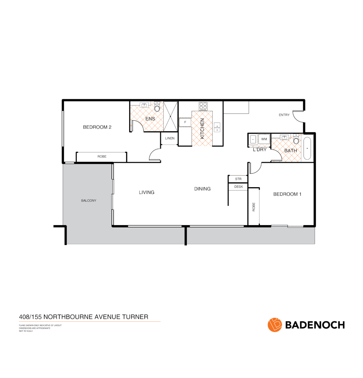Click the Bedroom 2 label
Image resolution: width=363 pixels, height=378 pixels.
pyautogui.click(x=97, y=127)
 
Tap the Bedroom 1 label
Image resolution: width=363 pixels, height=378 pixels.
pyautogui.click(x=287, y=194)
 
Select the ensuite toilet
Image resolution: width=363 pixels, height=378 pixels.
pyautogui.click(x=157, y=108)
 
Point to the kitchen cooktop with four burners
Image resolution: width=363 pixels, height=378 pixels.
pyautogui.click(x=203, y=106)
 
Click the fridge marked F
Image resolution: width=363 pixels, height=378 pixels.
pyautogui.click(x=185, y=122)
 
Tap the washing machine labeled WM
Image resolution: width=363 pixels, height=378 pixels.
pyautogui.click(x=264, y=139)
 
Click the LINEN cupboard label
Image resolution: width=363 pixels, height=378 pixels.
pyautogui.click(x=170, y=138)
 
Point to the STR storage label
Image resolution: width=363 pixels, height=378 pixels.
pyautogui.click(x=238, y=179)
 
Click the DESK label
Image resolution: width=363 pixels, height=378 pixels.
pyautogui.click(x=238, y=187)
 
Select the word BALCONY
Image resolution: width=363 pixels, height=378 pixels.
pyautogui.click(x=88, y=201)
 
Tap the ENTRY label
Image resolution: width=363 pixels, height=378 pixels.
pyautogui.click(x=284, y=115)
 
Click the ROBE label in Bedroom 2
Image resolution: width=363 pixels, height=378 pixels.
pyautogui.click(x=102, y=156)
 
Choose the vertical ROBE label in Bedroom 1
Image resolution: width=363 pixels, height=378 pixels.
pyautogui.click(x=254, y=207)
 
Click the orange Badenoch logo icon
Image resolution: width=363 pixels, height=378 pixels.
pyautogui.click(x=275, y=324)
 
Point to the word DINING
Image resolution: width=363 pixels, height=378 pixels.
pyautogui.click(x=202, y=189)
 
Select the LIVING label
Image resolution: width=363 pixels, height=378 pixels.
pyautogui.click(x=146, y=192)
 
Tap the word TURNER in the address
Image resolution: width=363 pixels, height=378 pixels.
pyautogui.click(x=135, y=317)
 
